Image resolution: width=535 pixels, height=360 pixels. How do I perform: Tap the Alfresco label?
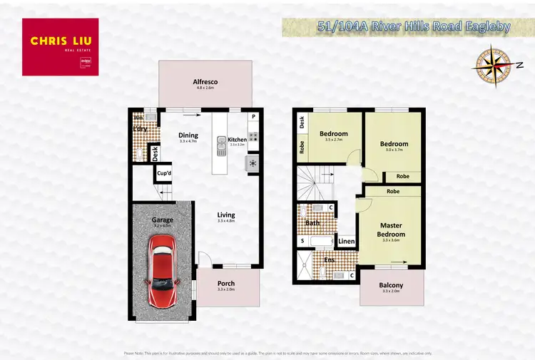pyautogui.click(x=205, y=82)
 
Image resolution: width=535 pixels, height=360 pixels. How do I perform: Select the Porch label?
pyautogui.click(x=225, y=284)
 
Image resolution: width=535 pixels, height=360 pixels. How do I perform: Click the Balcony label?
pyautogui.click(x=392, y=285)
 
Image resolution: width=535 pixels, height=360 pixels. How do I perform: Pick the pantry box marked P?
pyautogui.click(x=253, y=117)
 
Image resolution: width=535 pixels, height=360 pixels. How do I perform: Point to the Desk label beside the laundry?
pyautogui.click(x=154, y=152)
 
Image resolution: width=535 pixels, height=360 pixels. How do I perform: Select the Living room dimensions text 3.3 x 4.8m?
pyautogui.click(x=226, y=222)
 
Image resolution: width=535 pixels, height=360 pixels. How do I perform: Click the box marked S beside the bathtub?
pyautogui.click(x=302, y=242)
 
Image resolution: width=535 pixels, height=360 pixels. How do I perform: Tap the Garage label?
pyautogui.click(x=162, y=220)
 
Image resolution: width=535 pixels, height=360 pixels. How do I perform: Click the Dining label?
pyautogui.click(x=188, y=135)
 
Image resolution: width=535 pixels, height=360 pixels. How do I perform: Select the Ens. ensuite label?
pyautogui.click(x=330, y=259)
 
